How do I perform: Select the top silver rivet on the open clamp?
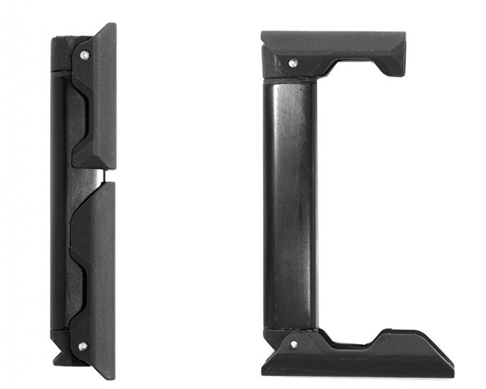(293, 62)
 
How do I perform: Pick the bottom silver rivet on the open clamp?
(293, 344)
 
